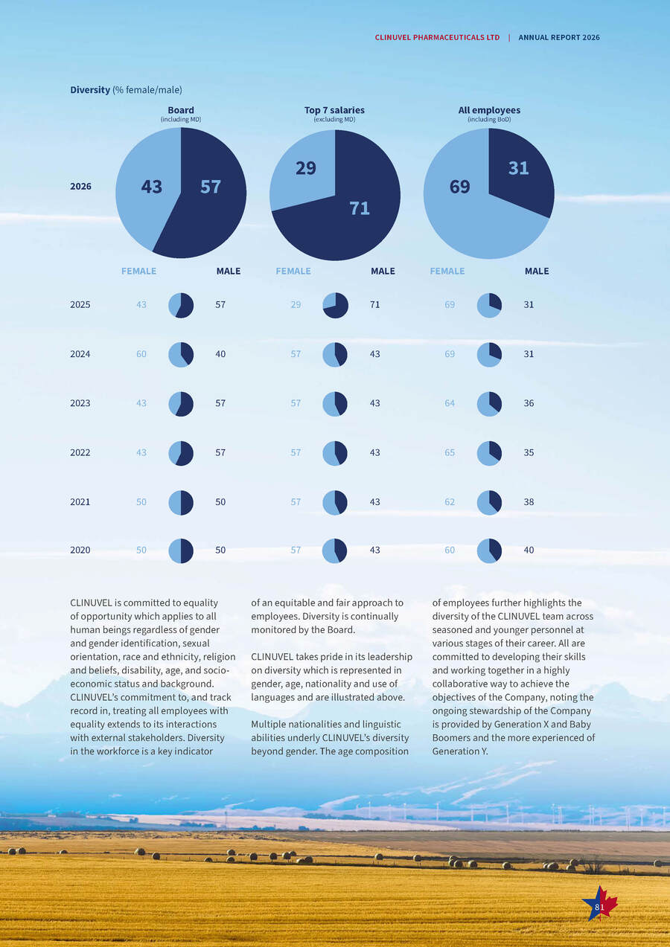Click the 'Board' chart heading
click(181, 110)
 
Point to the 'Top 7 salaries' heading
click(334, 110)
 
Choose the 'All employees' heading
click(489, 110)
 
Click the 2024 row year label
click(80, 354)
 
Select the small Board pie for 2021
click(181, 502)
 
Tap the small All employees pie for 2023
click(489, 404)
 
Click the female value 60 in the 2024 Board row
click(141, 354)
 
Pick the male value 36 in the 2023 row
click(529, 403)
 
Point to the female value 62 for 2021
click(450, 502)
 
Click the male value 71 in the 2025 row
click(374, 304)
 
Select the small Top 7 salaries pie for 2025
click(336, 305)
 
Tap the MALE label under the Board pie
click(229, 271)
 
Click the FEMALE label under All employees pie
click(447, 271)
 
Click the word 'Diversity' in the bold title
click(90, 90)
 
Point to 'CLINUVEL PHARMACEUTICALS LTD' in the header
click(437, 38)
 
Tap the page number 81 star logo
click(600, 902)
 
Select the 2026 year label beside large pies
click(81, 187)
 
